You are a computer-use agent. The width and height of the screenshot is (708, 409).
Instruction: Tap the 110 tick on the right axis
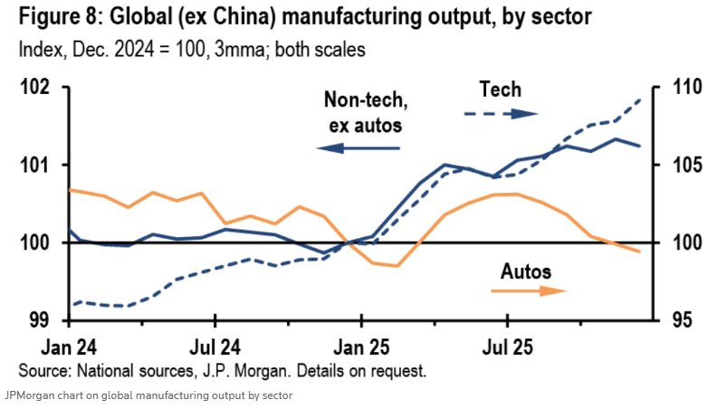click(x=672, y=88)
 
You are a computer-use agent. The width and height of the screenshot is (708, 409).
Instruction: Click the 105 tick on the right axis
click(x=672, y=166)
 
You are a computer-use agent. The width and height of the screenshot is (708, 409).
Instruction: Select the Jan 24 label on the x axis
click(x=71, y=346)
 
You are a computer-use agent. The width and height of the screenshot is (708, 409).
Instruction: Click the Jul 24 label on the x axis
click(x=215, y=346)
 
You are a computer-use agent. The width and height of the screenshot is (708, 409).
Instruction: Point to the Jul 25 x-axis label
click(x=507, y=346)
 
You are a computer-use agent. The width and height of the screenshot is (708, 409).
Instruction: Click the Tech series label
click(x=500, y=90)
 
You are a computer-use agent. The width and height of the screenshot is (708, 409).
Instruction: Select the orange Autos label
click(x=526, y=271)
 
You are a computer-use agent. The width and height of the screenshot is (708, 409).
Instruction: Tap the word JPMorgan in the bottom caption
click(x=28, y=395)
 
